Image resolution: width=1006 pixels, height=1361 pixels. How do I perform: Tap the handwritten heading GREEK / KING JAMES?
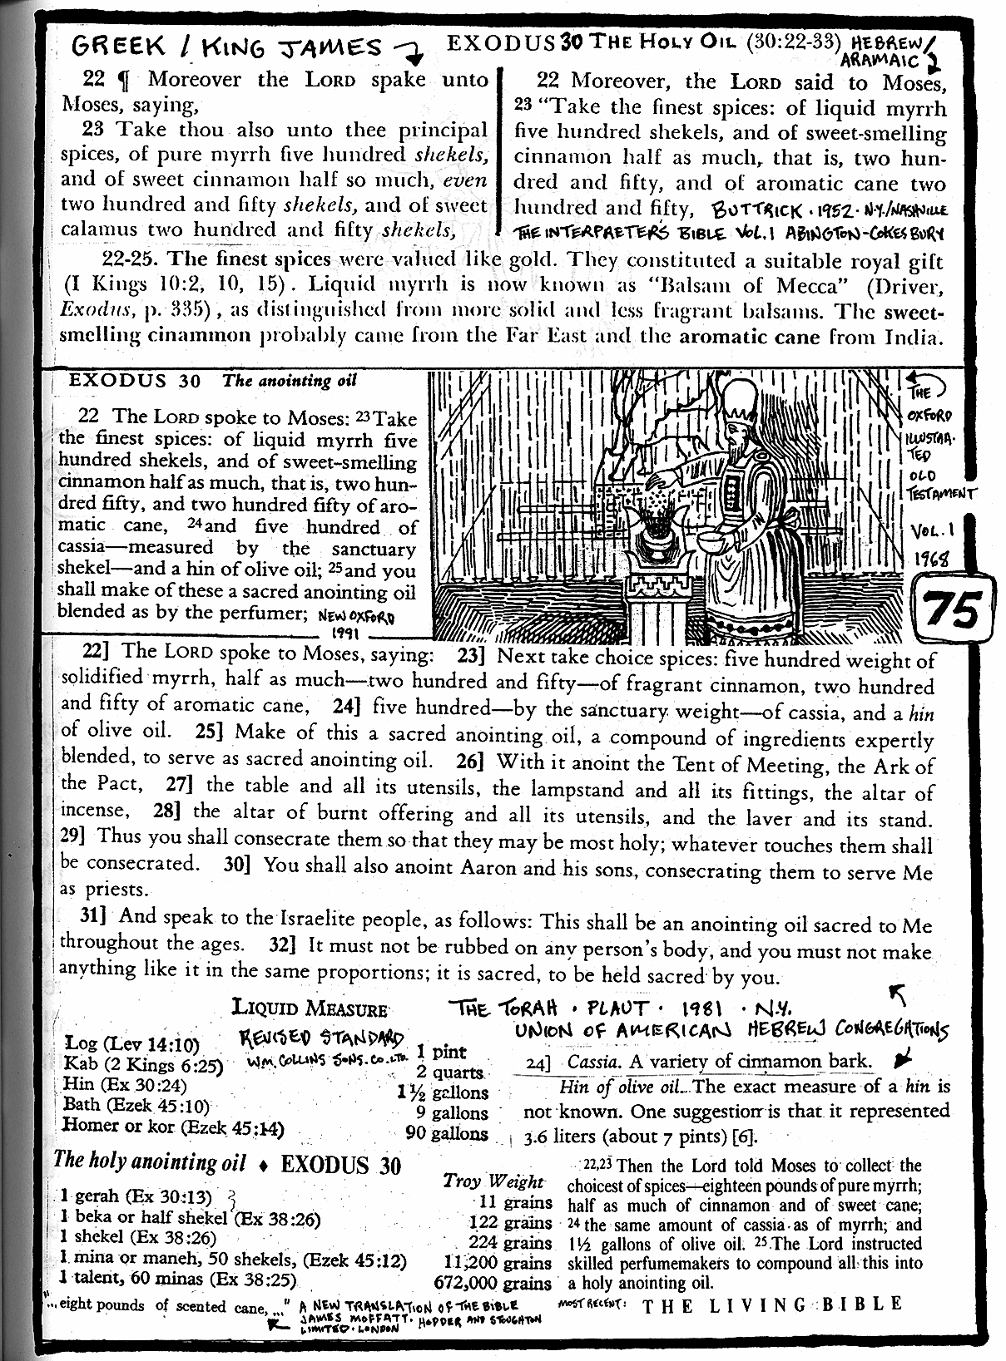point(226,48)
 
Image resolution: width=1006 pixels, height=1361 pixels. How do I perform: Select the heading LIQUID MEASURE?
point(309,1008)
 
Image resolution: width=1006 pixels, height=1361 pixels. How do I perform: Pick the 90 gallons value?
point(446,1132)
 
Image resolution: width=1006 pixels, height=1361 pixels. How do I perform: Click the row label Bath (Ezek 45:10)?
point(136,1105)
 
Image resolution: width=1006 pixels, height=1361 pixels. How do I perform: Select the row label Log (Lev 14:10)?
point(131,1043)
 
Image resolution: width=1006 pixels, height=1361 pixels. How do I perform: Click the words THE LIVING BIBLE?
point(772,1304)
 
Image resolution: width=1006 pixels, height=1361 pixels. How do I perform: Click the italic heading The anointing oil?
point(289,381)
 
